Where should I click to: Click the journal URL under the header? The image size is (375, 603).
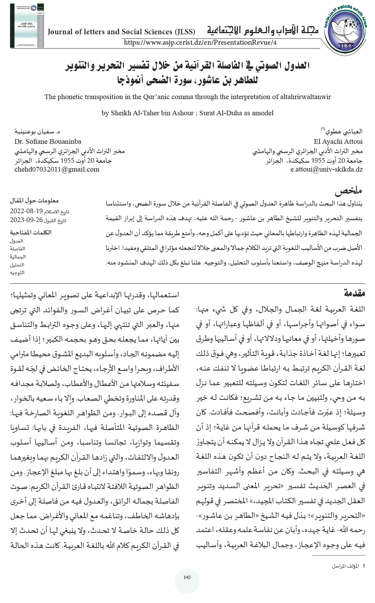point(200,42)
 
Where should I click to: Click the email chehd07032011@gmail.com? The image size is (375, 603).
point(57,169)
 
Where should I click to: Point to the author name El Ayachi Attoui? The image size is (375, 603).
point(338,141)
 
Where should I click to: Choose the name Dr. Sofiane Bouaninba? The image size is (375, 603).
point(48,141)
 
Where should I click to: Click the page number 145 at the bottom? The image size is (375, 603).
point(187,577)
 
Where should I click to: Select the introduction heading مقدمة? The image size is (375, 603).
point(354,293)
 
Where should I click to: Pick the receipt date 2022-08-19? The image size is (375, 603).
point(26,212)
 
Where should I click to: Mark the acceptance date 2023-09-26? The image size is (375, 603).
point(26,220)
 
